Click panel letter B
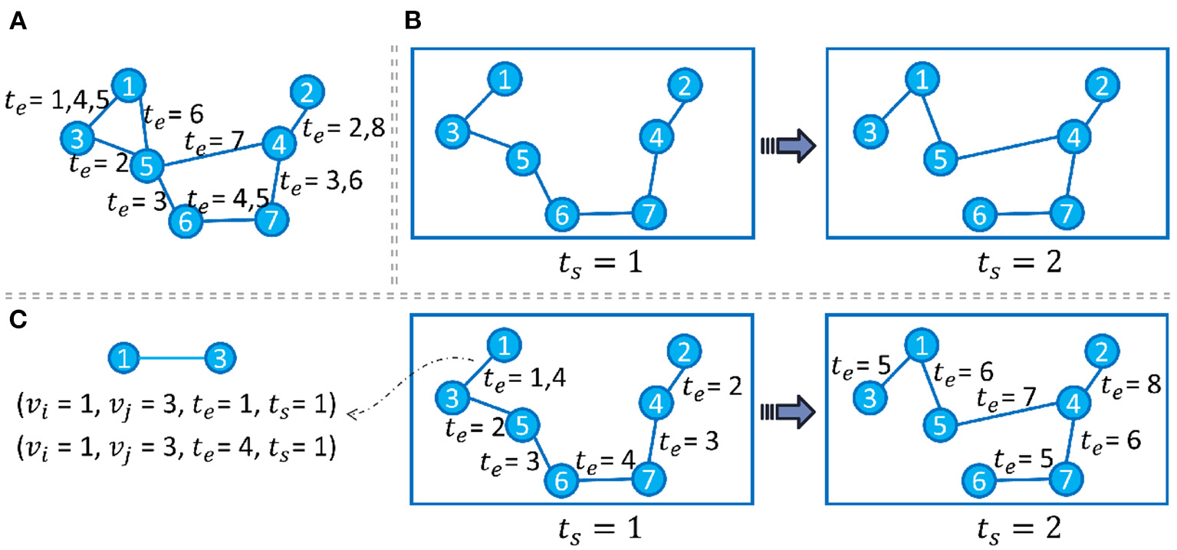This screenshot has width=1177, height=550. point(412,21)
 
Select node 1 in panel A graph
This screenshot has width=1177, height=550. point(130,87)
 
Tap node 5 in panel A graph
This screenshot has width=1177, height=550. point(147,164)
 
